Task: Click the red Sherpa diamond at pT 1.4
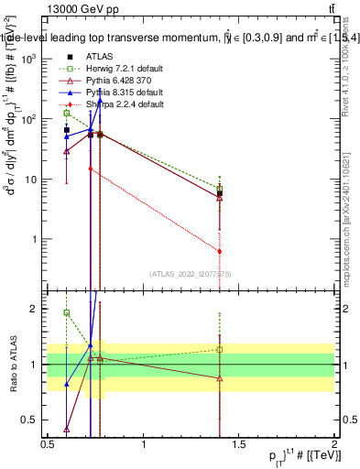[x=220, y=251]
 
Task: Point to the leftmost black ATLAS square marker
[x=67, y=130]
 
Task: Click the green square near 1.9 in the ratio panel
[x=67, y=312]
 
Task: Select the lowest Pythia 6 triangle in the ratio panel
[x=67, y=429]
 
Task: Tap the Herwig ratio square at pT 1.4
[x=220, y=349]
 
